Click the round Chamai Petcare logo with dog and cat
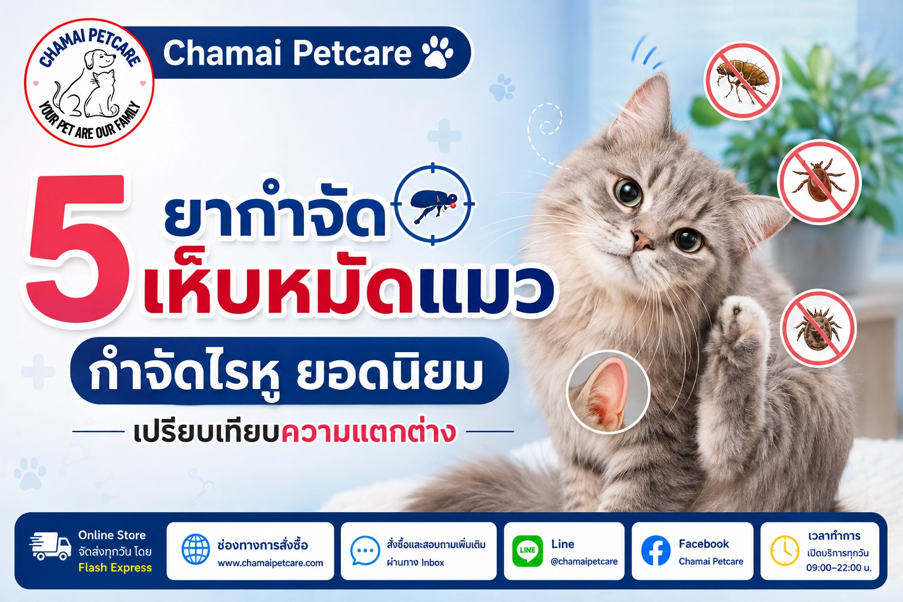click(x=89, y=83)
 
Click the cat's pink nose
click(x=642, y=241)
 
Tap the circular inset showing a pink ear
click(x=608, y=392)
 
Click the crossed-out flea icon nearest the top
click(x=742, y=81)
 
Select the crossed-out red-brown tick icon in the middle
click(x=819, y=182)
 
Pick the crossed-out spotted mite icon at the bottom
click(x=818, y=328)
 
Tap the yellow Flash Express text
click(x=115, y=568)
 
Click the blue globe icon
click(x=196, y=549)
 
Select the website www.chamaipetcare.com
click(x=270, y=563)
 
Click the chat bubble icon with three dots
click(x=365, y=550)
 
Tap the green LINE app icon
click(x=527, y=551)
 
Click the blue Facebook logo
click(x=656, y=551)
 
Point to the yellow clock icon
click(x=784, y=551)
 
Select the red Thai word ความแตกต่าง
click(x=369, y=432)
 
